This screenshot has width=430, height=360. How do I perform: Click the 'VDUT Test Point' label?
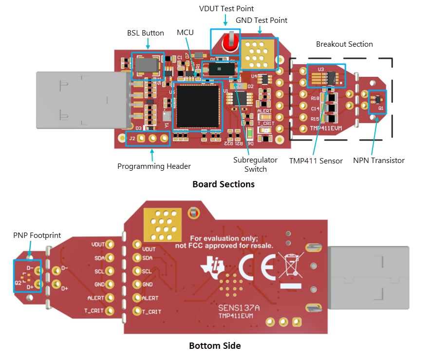(226, 9)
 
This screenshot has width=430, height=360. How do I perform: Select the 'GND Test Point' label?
(262, 20)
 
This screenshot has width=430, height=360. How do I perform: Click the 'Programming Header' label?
(154, 166)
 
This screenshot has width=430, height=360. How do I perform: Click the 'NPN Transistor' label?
(379, 161)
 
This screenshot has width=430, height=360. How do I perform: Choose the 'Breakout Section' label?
(344, 44)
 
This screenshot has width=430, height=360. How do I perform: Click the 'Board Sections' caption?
(224, 184)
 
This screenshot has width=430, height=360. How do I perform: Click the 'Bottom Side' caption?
(215, 346)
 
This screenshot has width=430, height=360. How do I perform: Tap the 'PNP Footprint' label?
(37, 235)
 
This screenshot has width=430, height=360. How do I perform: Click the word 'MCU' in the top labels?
(185, 33)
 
